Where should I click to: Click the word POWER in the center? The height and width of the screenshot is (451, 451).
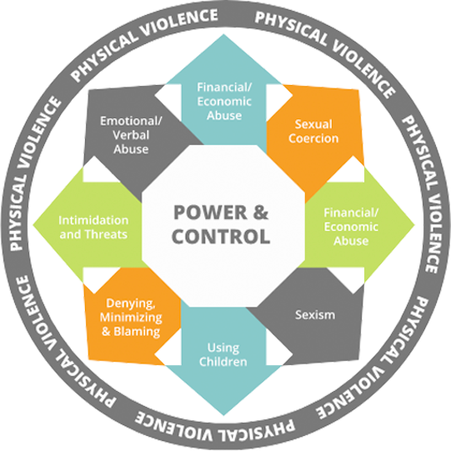210,213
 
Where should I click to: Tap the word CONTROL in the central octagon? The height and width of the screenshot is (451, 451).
221,237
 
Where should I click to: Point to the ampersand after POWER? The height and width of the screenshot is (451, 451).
261,213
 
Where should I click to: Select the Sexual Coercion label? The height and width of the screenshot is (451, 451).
313,132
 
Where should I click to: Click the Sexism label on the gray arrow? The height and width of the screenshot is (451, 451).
315,315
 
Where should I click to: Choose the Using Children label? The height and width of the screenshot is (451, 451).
223,354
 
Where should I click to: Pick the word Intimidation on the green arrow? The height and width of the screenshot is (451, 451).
93,220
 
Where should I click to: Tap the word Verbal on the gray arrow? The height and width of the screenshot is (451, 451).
131,135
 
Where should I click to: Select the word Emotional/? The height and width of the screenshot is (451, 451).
131,121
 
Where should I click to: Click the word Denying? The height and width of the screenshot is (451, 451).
131,303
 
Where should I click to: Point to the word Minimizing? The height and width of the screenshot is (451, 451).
131,318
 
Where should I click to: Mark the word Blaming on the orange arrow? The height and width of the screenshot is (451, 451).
137,331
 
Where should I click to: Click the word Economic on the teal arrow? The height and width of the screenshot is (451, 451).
224,102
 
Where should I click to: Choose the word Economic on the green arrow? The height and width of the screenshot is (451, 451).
351,227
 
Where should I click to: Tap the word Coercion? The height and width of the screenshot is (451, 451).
313,138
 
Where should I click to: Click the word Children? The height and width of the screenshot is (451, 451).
223,362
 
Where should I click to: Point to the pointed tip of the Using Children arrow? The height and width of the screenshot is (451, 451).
223,416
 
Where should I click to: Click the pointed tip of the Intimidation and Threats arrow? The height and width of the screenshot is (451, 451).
33,224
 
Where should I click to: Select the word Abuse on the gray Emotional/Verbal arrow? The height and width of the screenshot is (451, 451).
131,149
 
